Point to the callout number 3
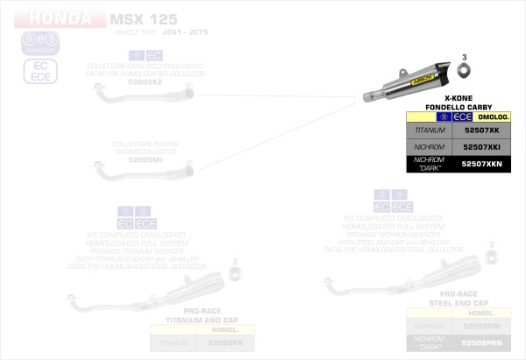(x=465, y=57)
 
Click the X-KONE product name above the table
(x=459, y=97)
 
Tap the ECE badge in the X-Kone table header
(x=462, y=116)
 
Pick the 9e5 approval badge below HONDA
(x=28, y=40)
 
